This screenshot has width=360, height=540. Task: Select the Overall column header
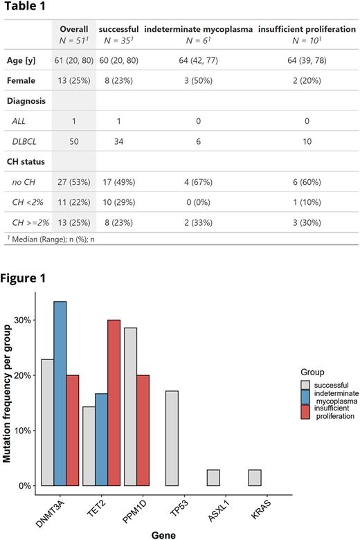tap(74, 30)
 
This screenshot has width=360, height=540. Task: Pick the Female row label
tap(21, 80)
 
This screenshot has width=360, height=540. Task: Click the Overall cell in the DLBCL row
tap(74, 141)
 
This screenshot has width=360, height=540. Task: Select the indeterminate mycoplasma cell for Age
tap(198, 60)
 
